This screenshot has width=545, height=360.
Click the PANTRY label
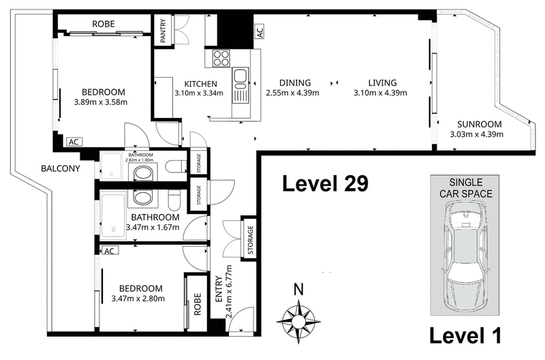click(163, 31)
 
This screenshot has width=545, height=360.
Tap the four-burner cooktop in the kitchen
click(221, 59)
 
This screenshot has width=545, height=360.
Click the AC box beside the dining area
click(260, 31)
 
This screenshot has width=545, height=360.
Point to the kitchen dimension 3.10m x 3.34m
click(199, 93)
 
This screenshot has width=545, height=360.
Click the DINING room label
click(295, 82)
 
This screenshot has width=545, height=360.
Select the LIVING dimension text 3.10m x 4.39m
click(380, 93)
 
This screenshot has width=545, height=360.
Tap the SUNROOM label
click(480, 124)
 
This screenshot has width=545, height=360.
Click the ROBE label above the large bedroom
click(104, 24)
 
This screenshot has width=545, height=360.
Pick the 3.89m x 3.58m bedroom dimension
click(100, 102)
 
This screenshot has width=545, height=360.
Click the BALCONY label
click(61, 168)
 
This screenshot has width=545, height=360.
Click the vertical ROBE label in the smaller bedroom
click(198, 304)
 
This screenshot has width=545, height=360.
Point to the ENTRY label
click(219, 289)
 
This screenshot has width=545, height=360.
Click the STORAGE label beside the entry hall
click(250, 240)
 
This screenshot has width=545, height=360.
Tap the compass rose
click(298, 320)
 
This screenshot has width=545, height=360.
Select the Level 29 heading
click(325, 183)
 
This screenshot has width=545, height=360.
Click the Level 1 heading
click(465, 335)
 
